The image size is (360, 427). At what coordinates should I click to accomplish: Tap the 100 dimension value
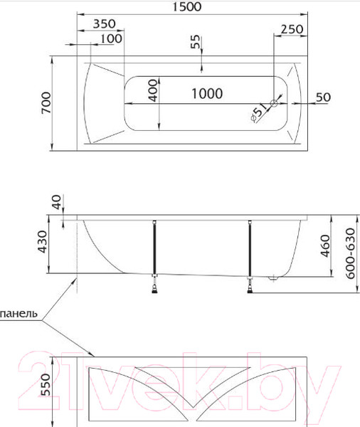(110, 38)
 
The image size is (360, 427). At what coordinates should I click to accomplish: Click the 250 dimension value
(292, 29)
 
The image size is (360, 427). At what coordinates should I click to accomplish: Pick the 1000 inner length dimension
(206, 93)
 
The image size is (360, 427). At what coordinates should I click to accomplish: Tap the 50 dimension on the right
(322, 97)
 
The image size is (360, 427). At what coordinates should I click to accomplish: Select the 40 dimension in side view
(57, 203)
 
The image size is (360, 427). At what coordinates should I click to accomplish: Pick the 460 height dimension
(327, 247)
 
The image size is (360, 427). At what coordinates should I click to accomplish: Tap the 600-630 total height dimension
(351, 255)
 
